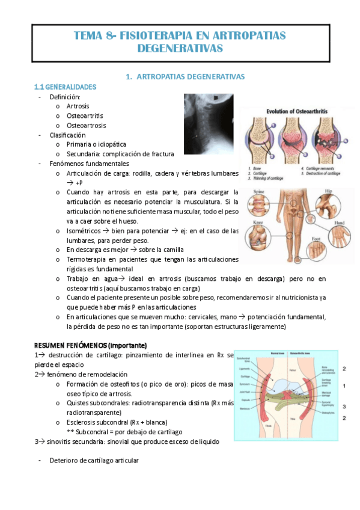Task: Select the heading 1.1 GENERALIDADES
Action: tap(66, 87)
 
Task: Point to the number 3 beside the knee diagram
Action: tap(344, 407)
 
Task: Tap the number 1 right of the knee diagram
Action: tap(344, 386)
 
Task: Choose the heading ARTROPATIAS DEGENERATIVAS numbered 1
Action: tap(182, 76)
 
